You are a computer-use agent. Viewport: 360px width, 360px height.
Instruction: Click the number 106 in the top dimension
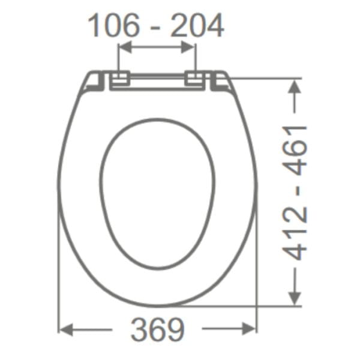pyautogui.click(x=113, y=25)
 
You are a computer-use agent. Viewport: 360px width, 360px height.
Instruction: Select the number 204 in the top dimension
pyautogui.click(x=197, y=25)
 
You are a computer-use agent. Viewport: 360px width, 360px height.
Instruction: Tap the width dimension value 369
pyautogui.click(x=157, y=329)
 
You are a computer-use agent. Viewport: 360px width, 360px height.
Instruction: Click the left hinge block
pyautogui.click(x=121, y=78)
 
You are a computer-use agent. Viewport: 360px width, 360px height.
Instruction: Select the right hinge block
pyautogui.click(x=194, y=78)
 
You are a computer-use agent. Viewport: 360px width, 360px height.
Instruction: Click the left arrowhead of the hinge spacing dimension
pyautogui.click(x=125, y=47)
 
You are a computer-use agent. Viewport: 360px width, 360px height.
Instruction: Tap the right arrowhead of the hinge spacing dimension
pyautogui.click(x=188, y=47)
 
